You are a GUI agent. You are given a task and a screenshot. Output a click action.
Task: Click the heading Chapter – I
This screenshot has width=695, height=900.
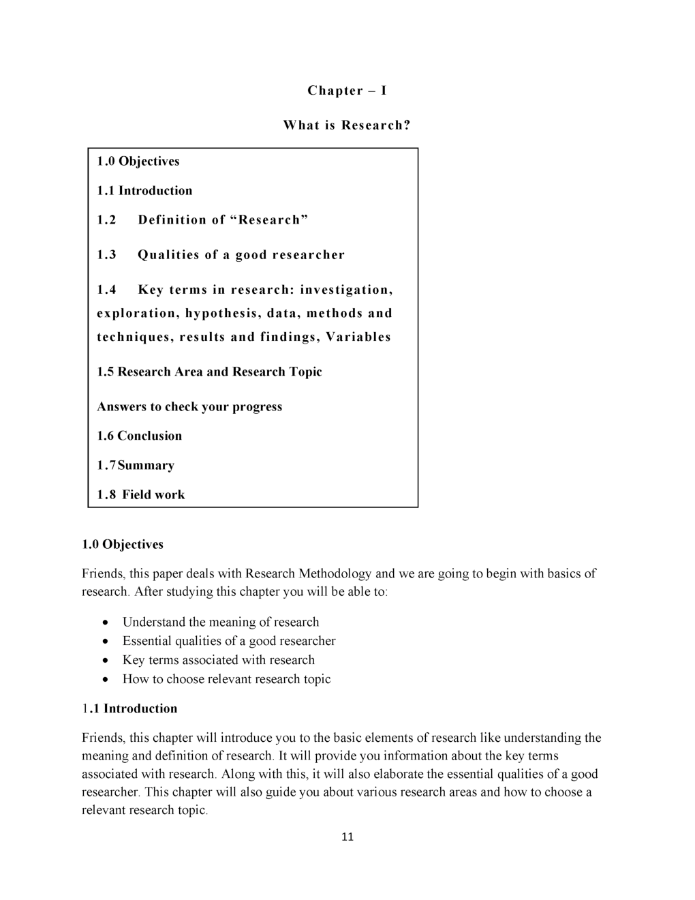[x=347, y=91]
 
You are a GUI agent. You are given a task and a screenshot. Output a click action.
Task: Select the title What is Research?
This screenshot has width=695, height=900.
[x=347, y=125]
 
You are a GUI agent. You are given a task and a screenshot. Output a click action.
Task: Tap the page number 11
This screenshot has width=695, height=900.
[x=347, y=837]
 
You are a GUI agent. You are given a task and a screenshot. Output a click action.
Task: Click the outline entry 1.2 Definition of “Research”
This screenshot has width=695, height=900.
[x=202, y=220]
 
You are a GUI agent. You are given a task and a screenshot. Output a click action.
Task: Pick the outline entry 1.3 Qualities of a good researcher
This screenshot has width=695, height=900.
[x=221, y=255]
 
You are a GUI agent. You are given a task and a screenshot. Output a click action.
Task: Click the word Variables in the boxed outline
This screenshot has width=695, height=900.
[x=358, y=337]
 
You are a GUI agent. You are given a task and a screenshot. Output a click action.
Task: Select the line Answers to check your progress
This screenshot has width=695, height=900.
[x=189, y=407]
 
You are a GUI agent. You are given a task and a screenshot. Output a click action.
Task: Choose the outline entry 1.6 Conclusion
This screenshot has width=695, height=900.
[x=139, y=436]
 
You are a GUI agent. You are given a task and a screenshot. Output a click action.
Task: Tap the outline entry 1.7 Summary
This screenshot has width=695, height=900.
[x=136, y=466]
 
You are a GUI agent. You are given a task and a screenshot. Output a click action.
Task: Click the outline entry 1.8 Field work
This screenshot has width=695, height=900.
[x=140, y=495]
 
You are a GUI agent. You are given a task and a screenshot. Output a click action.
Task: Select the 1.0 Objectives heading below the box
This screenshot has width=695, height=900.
[x=123, y=545]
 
